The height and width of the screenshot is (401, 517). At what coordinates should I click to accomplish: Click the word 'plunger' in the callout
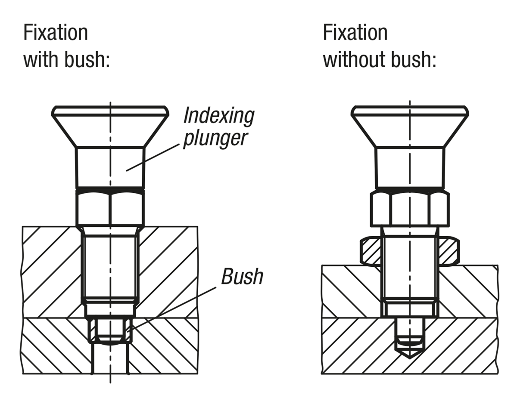pos(215,139)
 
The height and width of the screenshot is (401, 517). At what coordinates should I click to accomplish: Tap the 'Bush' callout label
pos(242,277)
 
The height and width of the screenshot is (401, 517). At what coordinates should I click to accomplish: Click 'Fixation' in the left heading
pos(56,33)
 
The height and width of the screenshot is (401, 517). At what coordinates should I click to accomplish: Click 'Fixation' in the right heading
pos(355,33)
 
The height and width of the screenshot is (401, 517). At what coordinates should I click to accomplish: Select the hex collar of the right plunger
pos(409,209)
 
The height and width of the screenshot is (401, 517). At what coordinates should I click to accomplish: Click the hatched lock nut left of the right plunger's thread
pos(371,251)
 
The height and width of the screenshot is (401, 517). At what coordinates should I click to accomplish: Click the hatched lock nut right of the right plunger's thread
pos(448,251)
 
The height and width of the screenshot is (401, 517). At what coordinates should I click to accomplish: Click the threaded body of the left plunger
pos(110,267)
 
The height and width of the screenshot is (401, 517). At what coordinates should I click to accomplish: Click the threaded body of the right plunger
pos(409,267)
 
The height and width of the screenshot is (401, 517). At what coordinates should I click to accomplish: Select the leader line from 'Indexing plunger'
pos(153,157)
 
